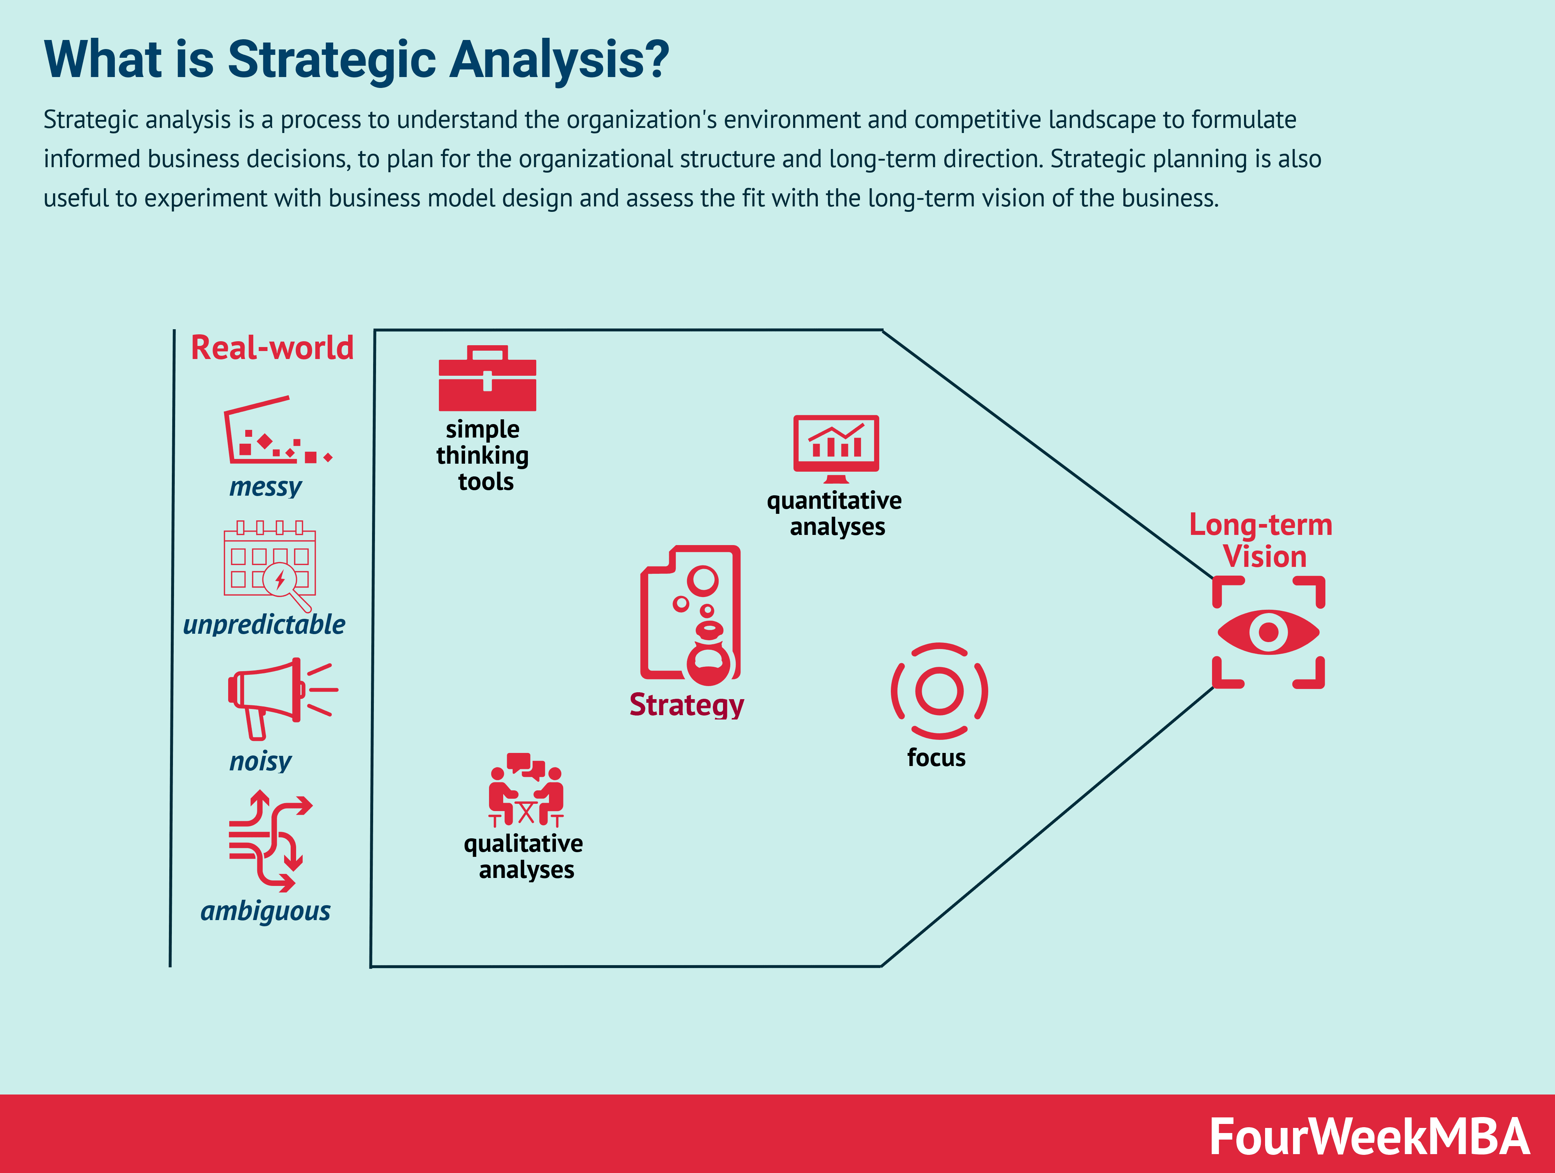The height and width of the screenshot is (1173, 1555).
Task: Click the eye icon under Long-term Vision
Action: [1268, 632]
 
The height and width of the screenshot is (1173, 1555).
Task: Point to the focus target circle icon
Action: [939, 690]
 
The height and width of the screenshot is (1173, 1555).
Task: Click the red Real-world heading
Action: [272, 348]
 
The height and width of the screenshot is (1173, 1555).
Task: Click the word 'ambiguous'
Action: [266, 911]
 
